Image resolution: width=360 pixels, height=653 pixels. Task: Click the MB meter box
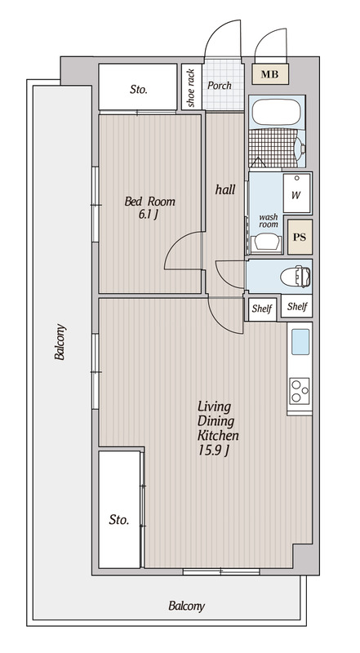pos(269,74)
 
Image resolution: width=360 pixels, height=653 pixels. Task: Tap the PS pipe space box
pos(300,237)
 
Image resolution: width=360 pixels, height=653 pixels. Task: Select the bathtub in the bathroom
pos(276,112)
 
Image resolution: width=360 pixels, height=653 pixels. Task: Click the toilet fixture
pos(296,277)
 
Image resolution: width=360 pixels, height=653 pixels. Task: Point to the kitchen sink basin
pos(300,342)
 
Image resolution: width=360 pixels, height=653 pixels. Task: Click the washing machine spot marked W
pos(297,193)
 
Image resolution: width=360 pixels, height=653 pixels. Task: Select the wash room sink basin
pos(266,242)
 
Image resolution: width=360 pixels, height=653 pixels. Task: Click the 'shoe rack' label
pos(191,88)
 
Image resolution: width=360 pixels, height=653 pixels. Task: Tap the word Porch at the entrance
pos(220,86)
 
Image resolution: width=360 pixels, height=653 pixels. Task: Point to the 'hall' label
pos(225,190)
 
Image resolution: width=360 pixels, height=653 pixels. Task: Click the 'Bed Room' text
pos(150,202)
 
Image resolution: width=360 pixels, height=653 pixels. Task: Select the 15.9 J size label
pos(213,451)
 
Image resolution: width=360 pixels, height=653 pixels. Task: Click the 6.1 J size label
pos(149,215)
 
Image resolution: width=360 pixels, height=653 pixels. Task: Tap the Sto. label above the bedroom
pos(138,89)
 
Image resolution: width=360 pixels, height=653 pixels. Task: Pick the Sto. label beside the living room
pos(119,519)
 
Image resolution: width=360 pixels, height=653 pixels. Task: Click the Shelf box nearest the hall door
pos(262,309)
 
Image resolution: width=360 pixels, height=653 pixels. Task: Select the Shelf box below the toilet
pos(297,307)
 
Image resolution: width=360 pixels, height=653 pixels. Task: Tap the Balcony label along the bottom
pos(187,606)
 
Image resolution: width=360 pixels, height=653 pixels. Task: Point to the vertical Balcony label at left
pos(60,341)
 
